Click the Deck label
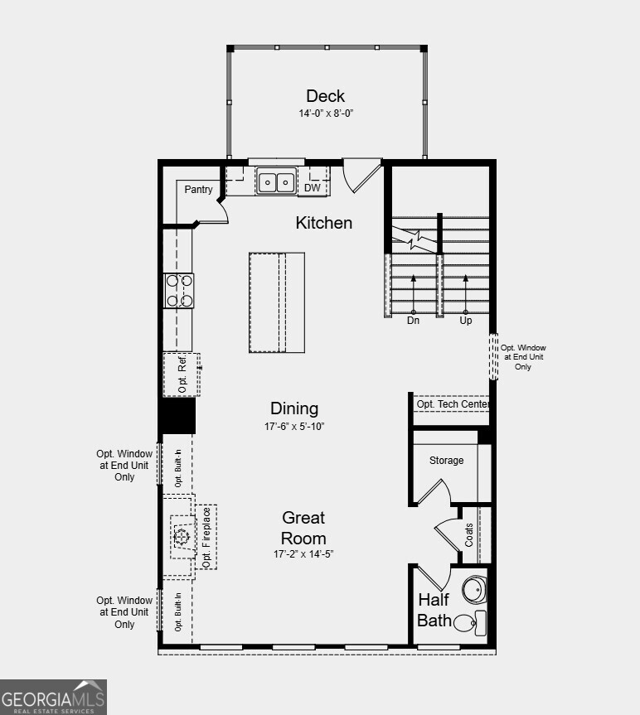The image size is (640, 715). pyautogui.click(x=325, y=96)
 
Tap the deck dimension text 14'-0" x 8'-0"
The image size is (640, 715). pyautogui.click(x=325, y=113)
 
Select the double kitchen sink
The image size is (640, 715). pyautogui.click(x=276, y=181)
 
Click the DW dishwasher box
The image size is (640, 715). pyautogui.click(x=313, y=188)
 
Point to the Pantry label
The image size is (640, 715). pyautogui.click(x=198, y=190)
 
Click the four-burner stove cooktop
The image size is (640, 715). pyautogui.click(x=180, y=291)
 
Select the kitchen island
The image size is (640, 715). pyautogui.click(x=276, y=302)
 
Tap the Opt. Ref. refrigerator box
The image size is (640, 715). pyautogui.click(x=182, y=374)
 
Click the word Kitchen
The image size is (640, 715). pyautogui.click(x=324, y=223)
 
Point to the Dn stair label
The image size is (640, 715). pyautogui.click(x=412, y=321)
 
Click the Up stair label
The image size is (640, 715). pyautogui.click(x=466, y=321)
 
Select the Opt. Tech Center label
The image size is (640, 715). pyautogui.click(x=453, y=404)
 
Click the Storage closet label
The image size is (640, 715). pyautogui.click(x=446, y=461)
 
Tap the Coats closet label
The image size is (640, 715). pyautogui.click(x=469, y=534)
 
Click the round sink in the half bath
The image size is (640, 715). pyautogui.click(x=473, y=590)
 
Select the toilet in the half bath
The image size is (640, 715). pyautogui.click(x=473, y=621)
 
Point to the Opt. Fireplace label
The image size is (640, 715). pyautogui.click(x=206, y=537)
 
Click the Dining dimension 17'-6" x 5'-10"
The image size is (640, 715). pyautogui.click(x=294, y=427)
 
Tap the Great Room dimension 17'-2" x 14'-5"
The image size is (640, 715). pyautogui.click(x=303, y=553)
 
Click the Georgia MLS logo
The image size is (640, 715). pyautogui.click(x=53, y=697)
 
